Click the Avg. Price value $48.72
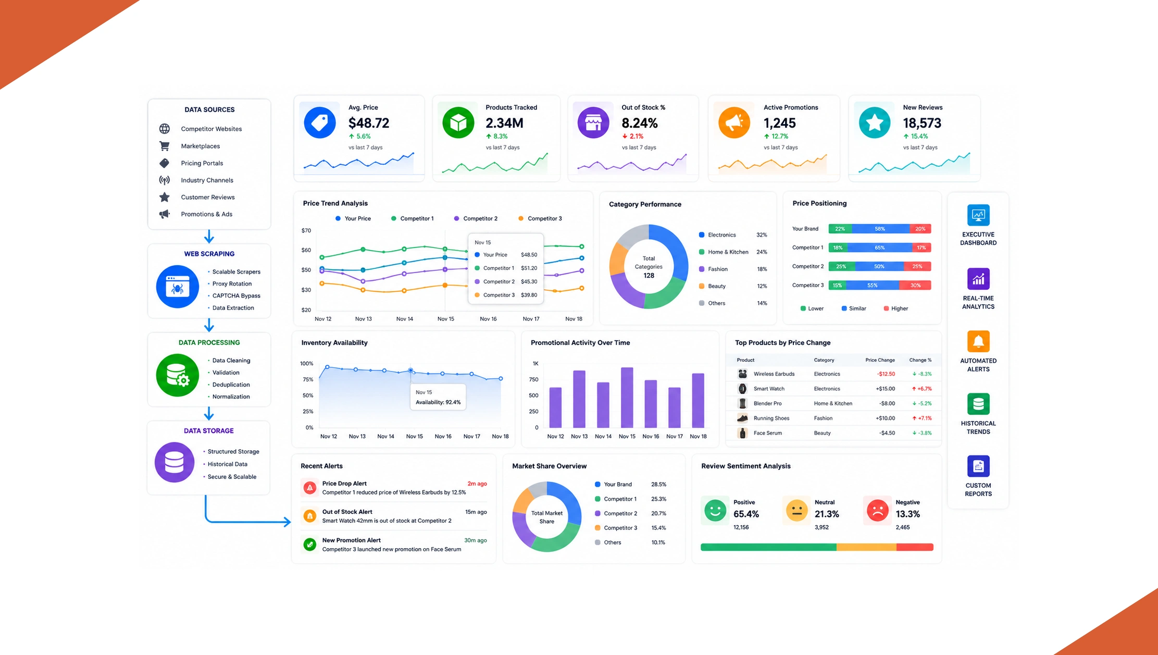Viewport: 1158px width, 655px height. [369, 123]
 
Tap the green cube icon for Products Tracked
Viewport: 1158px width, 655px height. [458, 122]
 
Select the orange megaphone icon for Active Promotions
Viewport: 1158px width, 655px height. [734, 122]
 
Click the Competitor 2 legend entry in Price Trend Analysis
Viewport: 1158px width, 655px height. [476, 218]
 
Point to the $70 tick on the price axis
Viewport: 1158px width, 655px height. [306, 230]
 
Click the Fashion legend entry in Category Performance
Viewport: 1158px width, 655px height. [713, 269]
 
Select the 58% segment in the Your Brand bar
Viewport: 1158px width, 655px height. [880, 229]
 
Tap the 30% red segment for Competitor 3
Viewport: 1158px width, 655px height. [915, 285]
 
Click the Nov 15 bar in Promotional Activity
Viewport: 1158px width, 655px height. [627, 398]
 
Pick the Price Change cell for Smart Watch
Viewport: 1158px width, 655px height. [885, 389]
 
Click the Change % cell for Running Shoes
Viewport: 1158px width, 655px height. [922, 418]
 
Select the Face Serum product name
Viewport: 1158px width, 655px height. [768, 433]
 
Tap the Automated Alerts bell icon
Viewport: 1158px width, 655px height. [978, 341]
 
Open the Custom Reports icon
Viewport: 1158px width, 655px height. [978, 466]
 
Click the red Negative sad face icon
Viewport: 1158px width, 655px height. [877, 510]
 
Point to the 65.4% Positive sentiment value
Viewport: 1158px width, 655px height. [746, 514]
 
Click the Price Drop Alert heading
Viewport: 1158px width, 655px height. [344, 484]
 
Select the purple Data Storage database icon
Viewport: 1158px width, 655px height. [175, 462]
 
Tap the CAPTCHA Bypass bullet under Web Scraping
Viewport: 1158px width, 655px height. [236, 295]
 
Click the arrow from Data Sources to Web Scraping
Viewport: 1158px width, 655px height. [209, 237]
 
